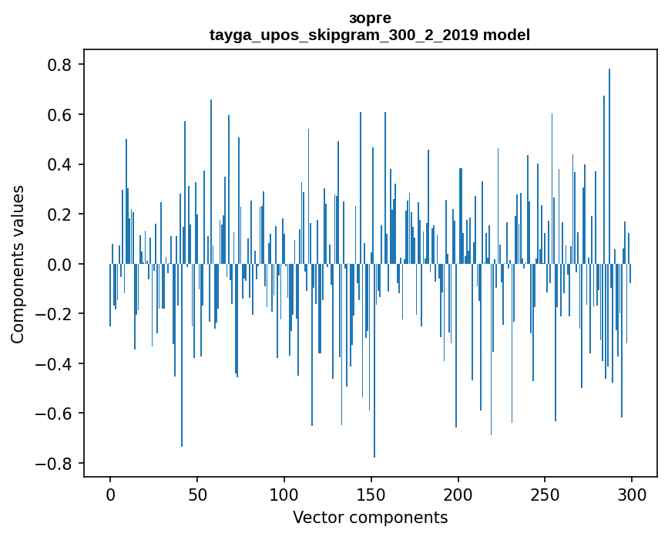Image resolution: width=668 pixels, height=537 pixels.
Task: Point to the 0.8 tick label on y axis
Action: pos(61,65)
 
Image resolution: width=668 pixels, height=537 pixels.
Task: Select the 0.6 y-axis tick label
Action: pos(61,115)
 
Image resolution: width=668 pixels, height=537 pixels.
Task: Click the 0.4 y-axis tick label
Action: pos(61,164)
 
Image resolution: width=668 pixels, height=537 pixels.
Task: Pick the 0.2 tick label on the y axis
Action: pos(61,214)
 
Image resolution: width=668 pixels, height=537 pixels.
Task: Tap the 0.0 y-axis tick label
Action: pos(61,264)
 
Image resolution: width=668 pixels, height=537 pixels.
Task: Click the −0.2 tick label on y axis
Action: pos(55,314)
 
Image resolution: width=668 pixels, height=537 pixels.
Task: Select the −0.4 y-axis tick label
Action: pos(55,363)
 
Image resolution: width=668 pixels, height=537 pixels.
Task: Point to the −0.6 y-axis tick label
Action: pos(55,414)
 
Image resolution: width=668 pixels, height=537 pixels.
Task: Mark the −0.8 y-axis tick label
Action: pos(55,463)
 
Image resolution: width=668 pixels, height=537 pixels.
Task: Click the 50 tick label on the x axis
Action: pos(197,494)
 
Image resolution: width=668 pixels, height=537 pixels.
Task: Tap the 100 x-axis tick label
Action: pos(284,494)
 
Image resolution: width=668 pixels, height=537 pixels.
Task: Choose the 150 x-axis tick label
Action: pos(371,494)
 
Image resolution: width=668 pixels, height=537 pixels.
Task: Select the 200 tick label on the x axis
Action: pos(458,494)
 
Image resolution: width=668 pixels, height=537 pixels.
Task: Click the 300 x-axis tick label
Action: pos(632,494)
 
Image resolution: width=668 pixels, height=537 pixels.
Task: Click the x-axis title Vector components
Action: pos(370,517)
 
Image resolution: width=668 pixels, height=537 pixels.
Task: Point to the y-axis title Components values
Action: pos(17,264)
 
